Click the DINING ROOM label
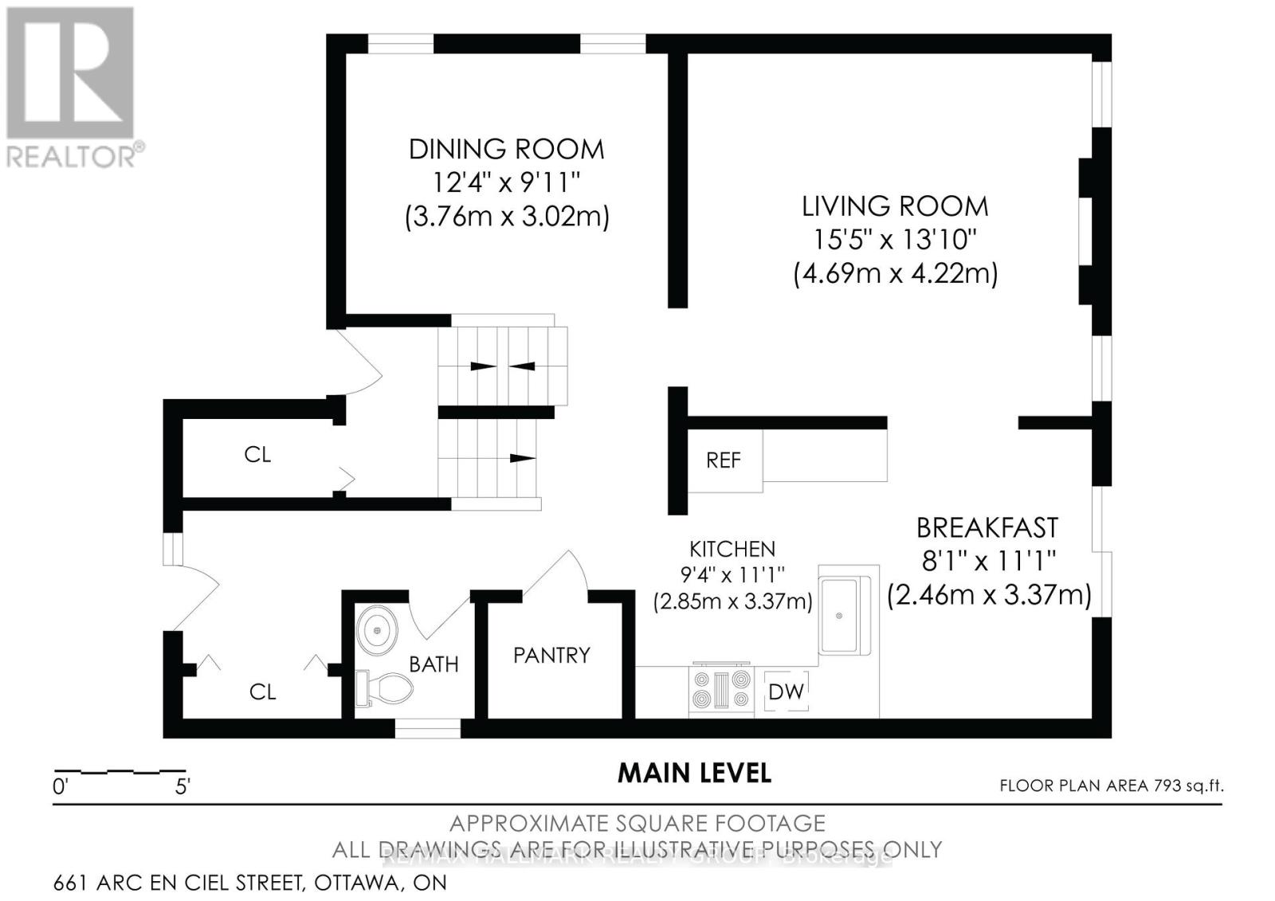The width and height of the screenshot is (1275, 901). click(x=506, y=149)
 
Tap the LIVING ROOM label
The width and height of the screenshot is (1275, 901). click(x=894, y=206)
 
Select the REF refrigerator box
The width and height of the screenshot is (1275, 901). click(x=724, y=460)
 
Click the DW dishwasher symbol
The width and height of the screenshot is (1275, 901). click(x=786, y=691)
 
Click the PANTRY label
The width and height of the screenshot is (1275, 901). click(x=551, y=656)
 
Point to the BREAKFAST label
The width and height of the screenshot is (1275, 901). click(x=987, y=528)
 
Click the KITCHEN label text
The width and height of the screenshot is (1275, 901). click(x=732, y=549)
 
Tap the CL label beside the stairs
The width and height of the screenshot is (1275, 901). click(x=257, y=455)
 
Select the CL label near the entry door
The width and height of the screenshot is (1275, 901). click(x=262, y=691)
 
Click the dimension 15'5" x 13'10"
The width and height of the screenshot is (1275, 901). click(x=894, y=239)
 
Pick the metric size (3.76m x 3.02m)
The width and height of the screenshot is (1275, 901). click(x=507, y=217)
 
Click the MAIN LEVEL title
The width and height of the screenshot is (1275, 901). click(x=694, y=773)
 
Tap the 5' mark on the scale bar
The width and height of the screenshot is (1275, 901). click(x=182, y=787)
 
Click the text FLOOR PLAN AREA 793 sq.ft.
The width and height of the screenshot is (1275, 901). click(x=1111, y=786)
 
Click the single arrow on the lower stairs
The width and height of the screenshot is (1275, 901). click(x=522, y=457)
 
